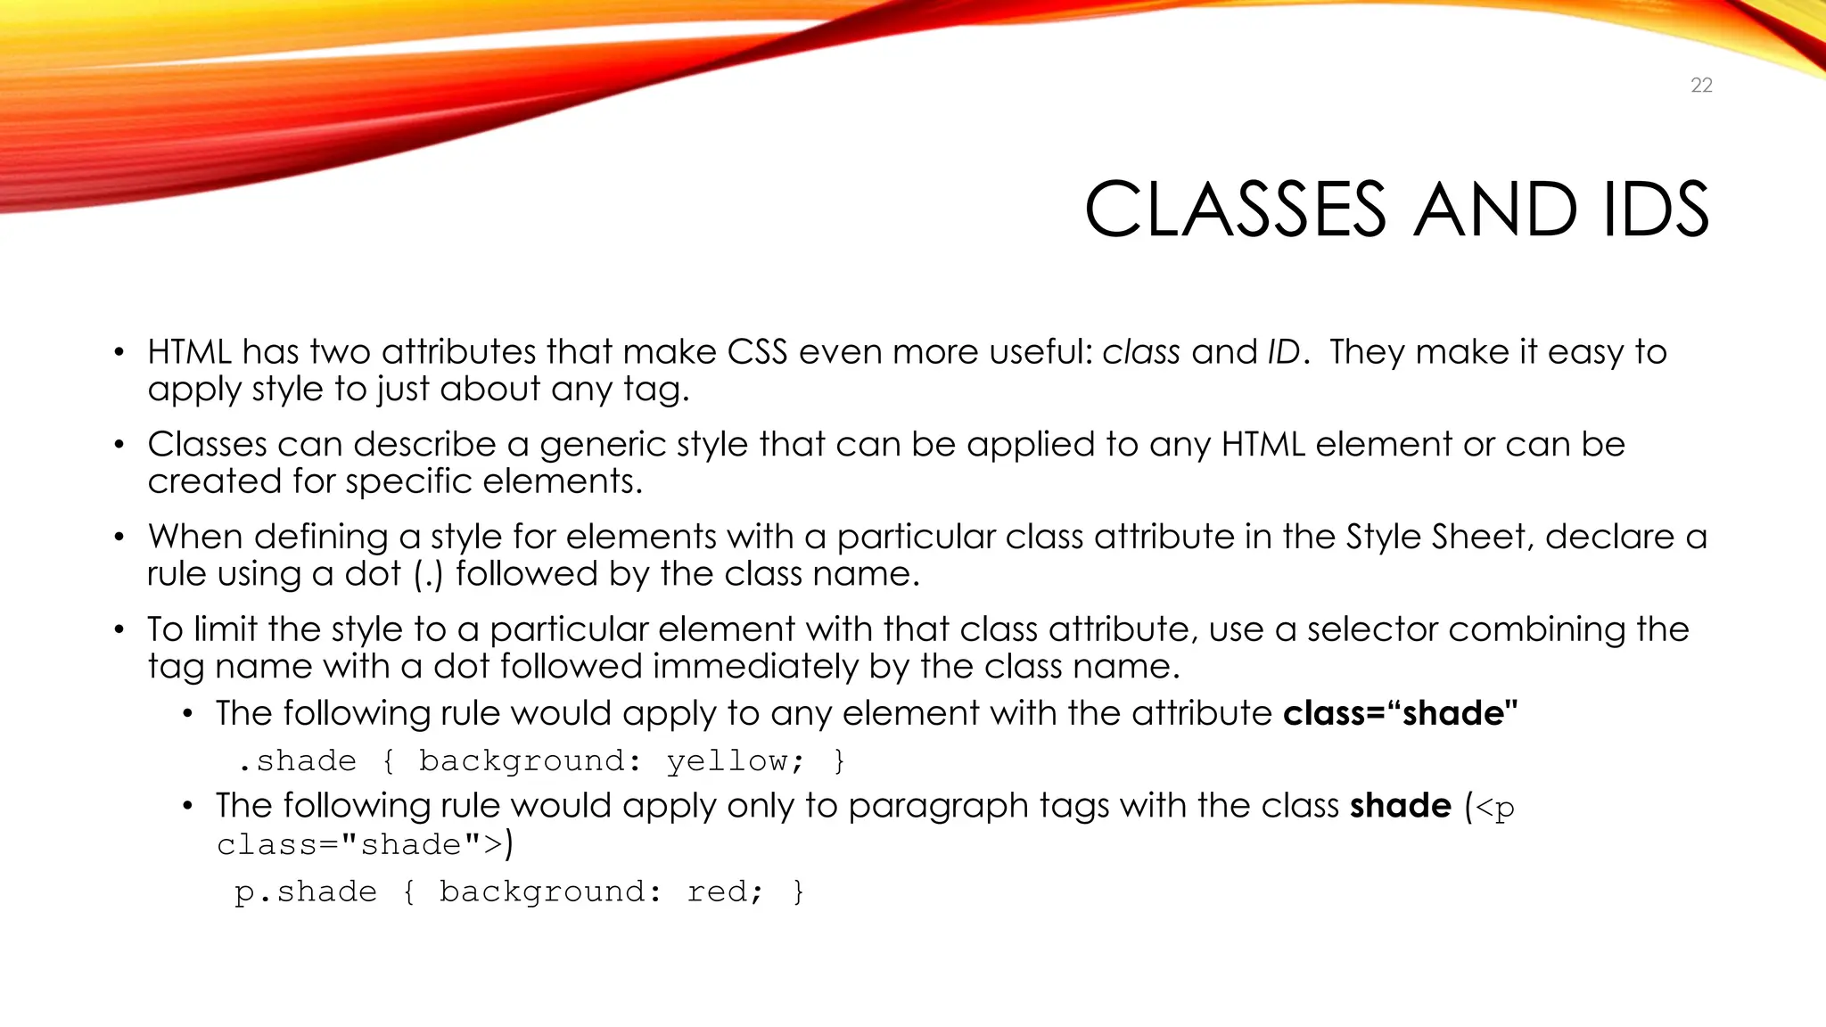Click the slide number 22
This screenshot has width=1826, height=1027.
pos(1701,86)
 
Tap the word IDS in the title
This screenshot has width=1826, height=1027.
pos(1656,210)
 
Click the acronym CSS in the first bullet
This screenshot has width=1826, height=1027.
pos(757,352)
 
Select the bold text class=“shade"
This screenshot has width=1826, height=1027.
pos(1400,713)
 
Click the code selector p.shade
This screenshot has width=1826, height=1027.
pos(306,892)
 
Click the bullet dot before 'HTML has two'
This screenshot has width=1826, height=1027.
pos(119,352)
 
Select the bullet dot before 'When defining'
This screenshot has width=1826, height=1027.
pos(119,537)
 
